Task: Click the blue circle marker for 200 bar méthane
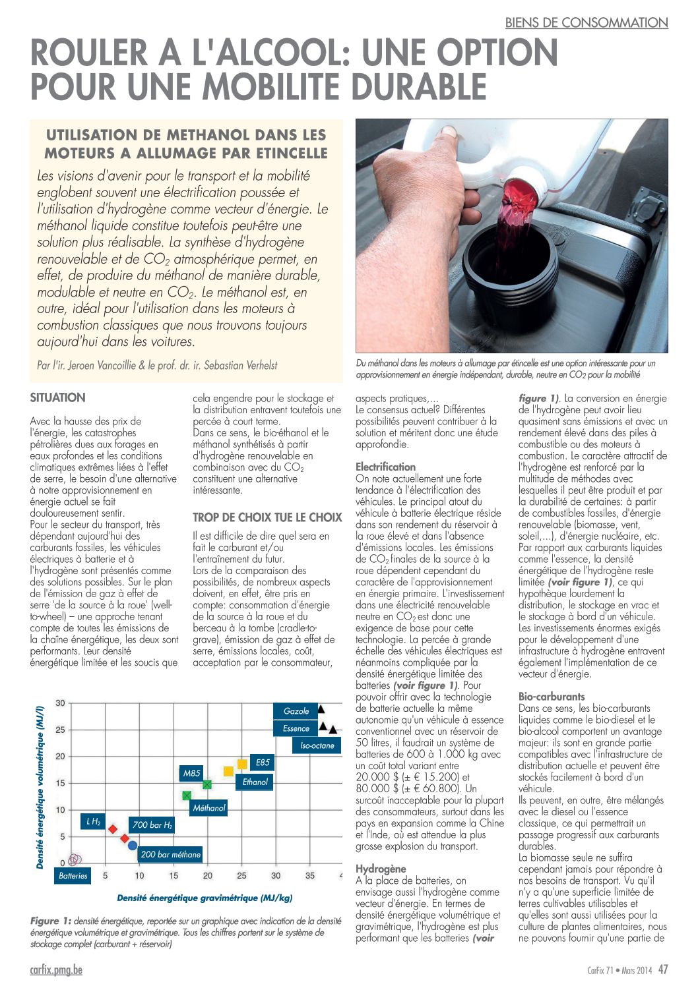point(133,846)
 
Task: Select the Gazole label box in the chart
point(296,711)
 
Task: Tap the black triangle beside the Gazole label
point(321,710)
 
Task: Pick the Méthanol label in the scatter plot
point(208,808)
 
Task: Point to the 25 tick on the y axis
point(60,730)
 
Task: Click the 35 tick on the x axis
point(310,876)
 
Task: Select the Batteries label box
point(73,876)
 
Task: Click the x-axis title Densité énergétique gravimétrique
point(205,898)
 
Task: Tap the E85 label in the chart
point(263,763)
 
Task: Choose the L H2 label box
point(93,822)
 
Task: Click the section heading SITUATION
point(57,397)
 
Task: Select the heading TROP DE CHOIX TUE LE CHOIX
point(267,517)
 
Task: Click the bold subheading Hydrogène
point(381,869)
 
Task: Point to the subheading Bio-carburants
point(552,696)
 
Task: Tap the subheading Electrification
point(385,467)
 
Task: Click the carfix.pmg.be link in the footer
point(56,970)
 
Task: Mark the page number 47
point(662,970)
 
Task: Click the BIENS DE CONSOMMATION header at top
point(586,22)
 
